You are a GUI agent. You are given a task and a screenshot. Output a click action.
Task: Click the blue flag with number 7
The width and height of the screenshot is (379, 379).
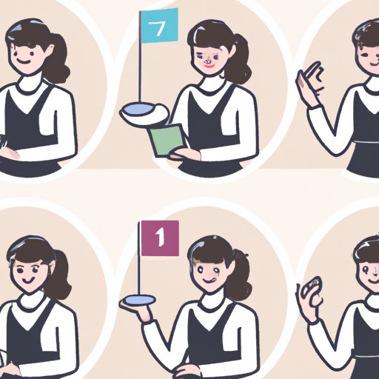[x=159, y=26]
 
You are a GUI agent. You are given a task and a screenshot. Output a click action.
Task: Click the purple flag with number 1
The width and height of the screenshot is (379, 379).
[x=160, y=238]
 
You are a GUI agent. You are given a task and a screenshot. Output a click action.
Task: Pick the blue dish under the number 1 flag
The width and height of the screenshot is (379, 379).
[x=139, y=299]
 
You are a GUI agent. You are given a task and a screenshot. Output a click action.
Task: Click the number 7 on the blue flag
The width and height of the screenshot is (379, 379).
[x=157, y=28]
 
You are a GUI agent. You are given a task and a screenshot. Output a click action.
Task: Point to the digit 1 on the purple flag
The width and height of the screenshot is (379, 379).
[x=160, y=237]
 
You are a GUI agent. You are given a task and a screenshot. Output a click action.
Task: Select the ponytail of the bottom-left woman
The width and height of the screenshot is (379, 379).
[x=59, y=275]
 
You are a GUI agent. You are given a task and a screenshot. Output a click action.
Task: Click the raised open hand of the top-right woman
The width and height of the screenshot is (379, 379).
[x=309, y=83]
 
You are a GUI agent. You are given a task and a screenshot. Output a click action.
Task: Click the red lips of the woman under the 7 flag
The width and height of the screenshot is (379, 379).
[x=209, y=65]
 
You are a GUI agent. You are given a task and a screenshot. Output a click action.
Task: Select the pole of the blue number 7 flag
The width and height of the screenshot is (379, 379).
[x=140, y=57]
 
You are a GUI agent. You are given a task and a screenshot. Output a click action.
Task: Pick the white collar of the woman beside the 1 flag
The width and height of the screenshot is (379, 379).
[x=213, y=300]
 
